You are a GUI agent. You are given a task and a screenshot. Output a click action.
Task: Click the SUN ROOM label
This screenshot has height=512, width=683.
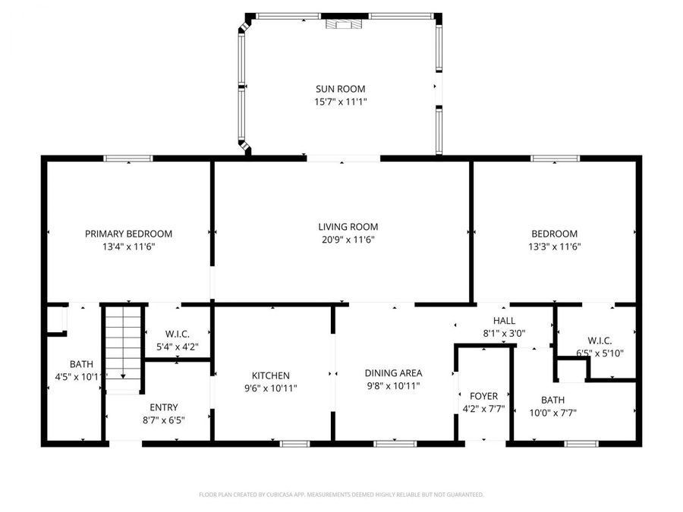click(341, 89)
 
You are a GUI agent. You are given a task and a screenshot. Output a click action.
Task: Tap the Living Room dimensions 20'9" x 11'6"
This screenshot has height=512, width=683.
click(348, 240)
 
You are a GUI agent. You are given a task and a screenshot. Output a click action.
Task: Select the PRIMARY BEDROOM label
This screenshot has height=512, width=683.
click(128, 234)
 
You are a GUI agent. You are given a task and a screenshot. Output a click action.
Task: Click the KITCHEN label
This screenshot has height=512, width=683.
click(271, 375)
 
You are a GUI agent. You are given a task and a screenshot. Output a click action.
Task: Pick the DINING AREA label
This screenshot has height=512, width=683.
click(393, 372)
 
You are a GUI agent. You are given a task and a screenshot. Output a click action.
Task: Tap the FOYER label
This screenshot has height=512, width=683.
click(483, 396)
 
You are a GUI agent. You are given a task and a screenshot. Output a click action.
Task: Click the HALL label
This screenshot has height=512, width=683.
click(504, 321)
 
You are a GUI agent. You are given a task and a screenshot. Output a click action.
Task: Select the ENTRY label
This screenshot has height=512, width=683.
click(164, 407)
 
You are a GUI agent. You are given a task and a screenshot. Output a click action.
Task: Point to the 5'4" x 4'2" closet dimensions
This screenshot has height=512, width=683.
click(177, 347)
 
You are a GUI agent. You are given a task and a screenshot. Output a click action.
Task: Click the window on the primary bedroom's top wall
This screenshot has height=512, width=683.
click(128, 159)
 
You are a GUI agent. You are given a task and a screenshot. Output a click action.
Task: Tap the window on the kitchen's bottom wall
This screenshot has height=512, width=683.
click(294, 443)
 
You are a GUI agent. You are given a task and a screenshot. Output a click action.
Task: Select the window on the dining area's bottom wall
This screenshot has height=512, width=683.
click(395, 443)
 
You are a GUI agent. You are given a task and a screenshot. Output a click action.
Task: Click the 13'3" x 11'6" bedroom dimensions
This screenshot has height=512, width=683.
click(555, 247)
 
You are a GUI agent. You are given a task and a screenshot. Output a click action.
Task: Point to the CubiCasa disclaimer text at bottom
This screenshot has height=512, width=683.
click(341, 495)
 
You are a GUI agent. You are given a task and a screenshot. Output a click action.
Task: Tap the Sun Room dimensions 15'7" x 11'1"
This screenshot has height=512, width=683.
click(341, 102)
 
